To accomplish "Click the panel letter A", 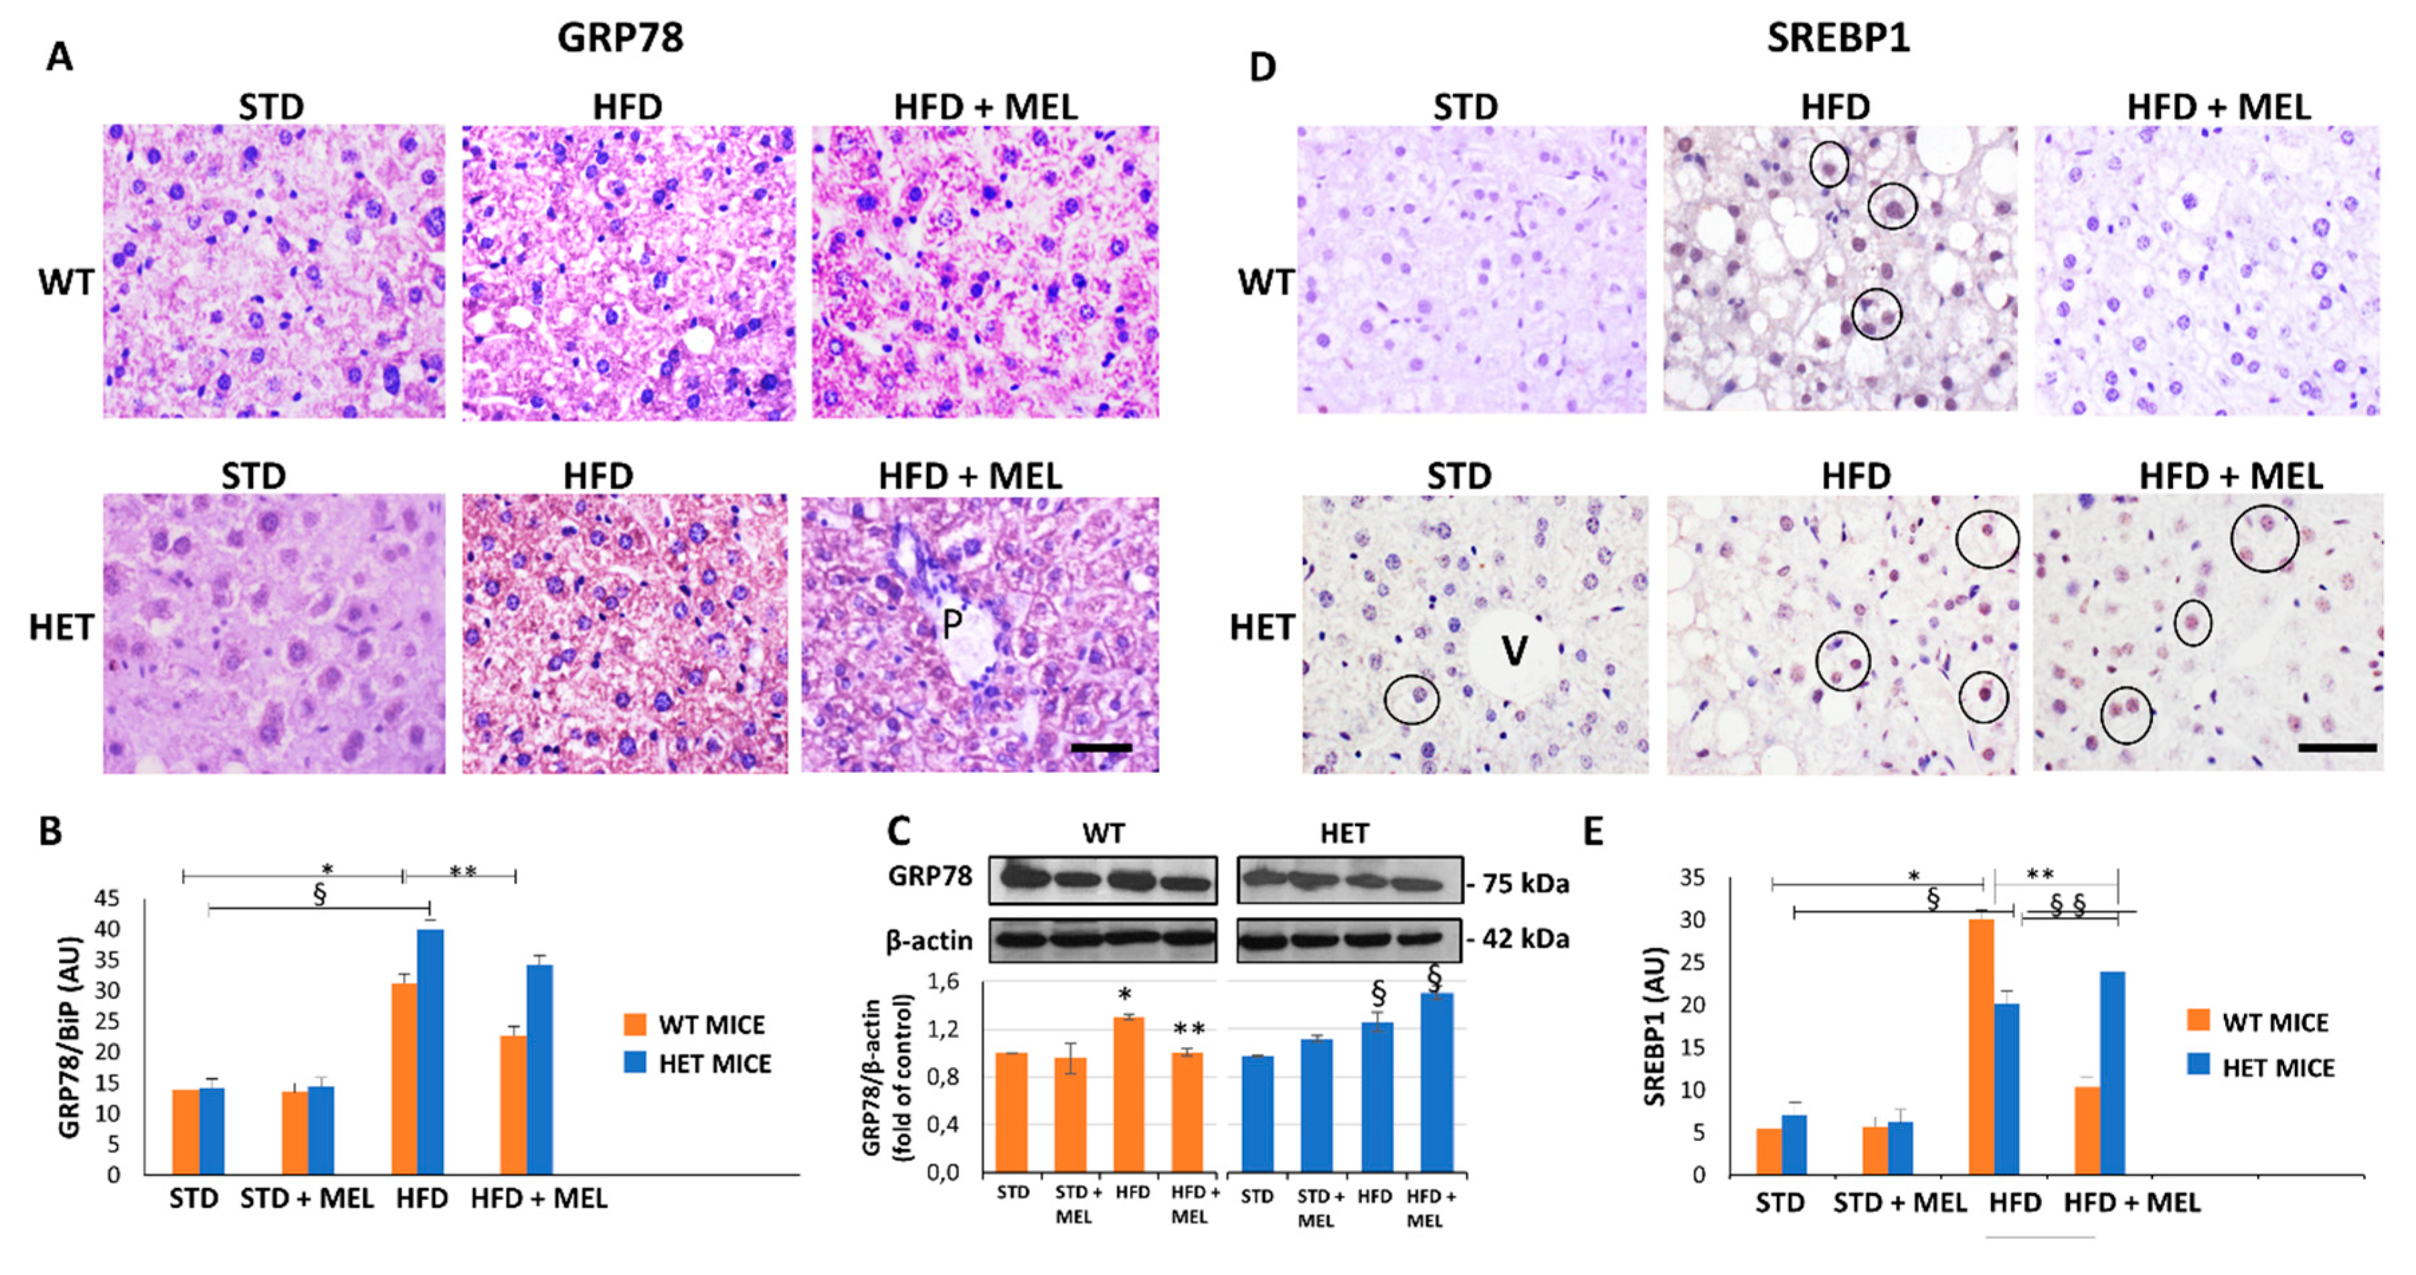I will coord(59,58).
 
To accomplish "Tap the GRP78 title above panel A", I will coord(620,38).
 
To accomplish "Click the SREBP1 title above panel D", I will coord(1838,38).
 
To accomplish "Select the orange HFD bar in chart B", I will coord(404,1079).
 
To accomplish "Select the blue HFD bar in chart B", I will coord(430,1051).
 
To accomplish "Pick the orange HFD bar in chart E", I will coord(1981,1046).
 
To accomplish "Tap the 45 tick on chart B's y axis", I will coord(108,899).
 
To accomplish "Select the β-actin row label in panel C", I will coord(928,941).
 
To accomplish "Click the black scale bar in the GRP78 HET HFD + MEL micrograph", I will coord(1101,748).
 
